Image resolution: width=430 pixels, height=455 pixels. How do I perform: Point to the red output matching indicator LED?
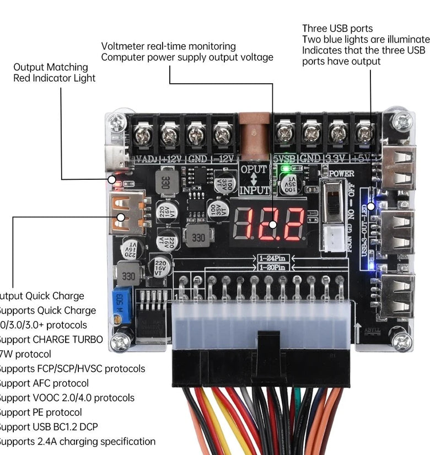112,179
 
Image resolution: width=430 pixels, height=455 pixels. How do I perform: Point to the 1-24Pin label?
273,258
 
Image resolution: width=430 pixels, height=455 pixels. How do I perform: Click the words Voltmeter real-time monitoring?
168,46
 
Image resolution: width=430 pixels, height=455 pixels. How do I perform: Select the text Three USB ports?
337,28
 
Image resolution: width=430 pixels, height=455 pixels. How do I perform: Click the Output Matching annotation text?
50,67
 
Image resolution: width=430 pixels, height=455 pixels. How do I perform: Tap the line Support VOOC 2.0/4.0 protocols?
66,398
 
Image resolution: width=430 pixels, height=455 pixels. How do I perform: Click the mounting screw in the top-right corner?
401,120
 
